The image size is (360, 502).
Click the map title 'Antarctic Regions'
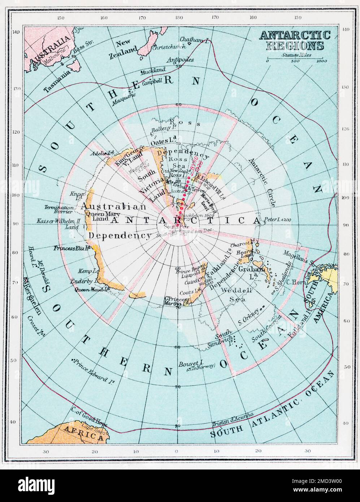pos(295,40)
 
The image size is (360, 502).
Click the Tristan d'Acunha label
pos(233,421)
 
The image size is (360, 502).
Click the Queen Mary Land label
pos(96,216)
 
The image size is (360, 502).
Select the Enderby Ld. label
pos(88,281)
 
